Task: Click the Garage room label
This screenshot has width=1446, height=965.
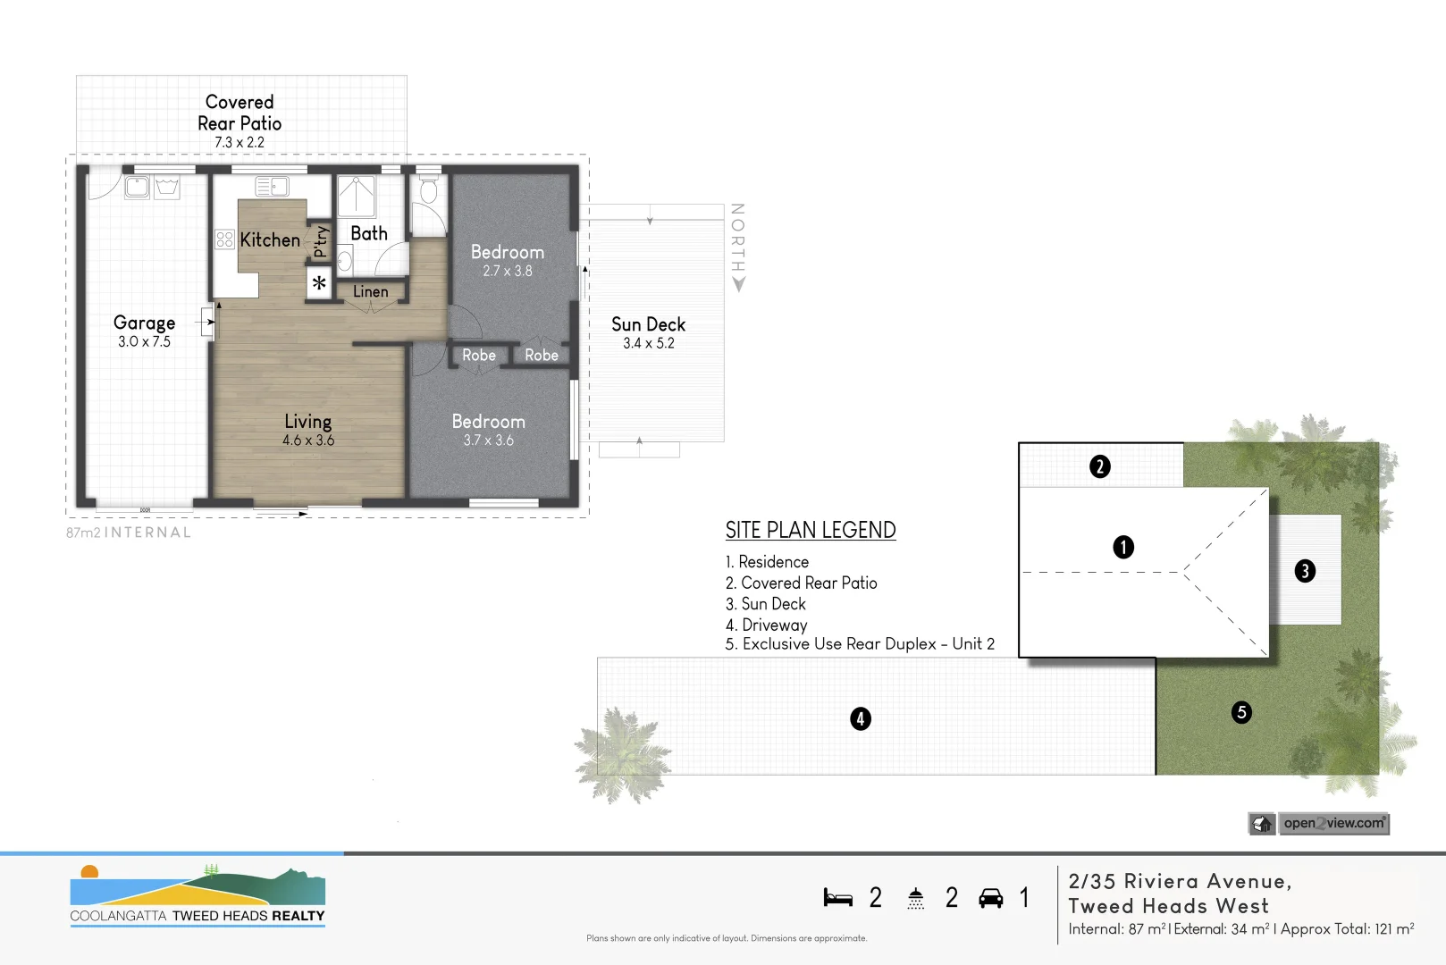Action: pos(144,323)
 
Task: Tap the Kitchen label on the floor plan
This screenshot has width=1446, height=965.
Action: pos(269,239)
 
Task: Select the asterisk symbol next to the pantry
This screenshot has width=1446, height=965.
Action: pos(319,284)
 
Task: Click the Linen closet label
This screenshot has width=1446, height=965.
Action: pos(370,292)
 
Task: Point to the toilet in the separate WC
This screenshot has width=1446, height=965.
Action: pos(428,190)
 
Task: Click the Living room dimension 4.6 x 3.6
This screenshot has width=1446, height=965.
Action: pos(308,441)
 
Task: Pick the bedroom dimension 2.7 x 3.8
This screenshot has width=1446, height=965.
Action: pos(507,271)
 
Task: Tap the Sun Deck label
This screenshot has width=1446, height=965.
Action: pos(648,324)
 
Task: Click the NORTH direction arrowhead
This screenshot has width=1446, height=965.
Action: pos(738,285)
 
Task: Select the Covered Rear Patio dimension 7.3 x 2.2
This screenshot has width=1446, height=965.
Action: pos(240,143)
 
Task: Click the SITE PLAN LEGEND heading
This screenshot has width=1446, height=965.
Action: pos(810,530)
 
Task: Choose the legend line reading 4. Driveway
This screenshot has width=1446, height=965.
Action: pos(767,625)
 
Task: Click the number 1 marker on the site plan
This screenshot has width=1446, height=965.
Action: pos(1123,547)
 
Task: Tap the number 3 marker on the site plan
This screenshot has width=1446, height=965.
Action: pos(1305,571)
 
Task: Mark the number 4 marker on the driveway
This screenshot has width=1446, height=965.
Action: pos(860,718)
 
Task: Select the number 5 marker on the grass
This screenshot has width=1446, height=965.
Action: pos(1241,712)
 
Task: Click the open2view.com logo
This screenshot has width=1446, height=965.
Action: pos(1319,823)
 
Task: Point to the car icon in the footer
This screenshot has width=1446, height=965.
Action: pos(990,898)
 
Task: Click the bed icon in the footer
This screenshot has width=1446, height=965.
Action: pos(837,898)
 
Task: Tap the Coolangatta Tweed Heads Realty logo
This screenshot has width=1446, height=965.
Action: pos(198,895)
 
